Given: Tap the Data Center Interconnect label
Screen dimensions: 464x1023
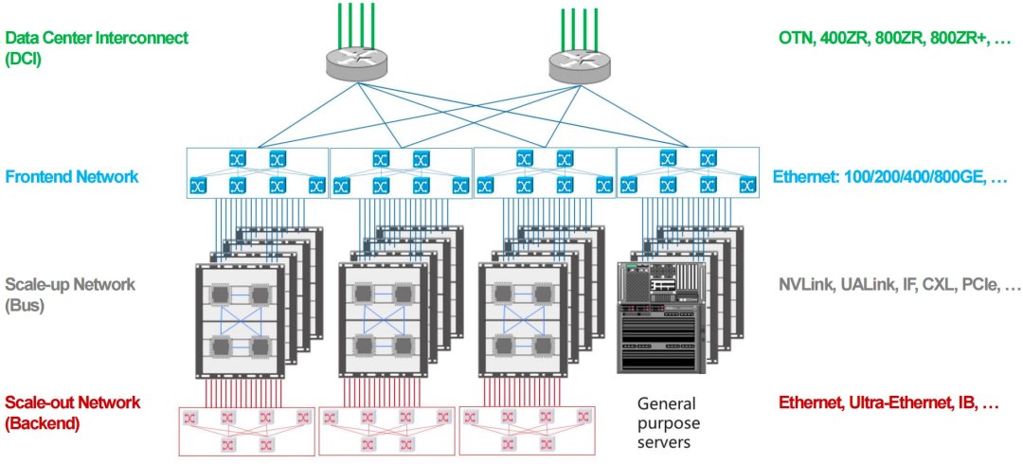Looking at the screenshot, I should tap(97, 38).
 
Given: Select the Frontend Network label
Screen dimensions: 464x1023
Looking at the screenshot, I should tap(71, 176).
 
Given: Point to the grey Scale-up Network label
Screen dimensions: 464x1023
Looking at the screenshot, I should tap(70, 285).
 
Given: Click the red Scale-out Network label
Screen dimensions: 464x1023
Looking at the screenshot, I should tap(72, 402).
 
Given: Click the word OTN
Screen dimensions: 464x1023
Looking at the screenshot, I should tap(796, 39).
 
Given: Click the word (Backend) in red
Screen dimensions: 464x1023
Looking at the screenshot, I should tap(43, 423).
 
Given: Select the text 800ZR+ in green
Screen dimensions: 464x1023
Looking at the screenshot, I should tap(956, 39).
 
